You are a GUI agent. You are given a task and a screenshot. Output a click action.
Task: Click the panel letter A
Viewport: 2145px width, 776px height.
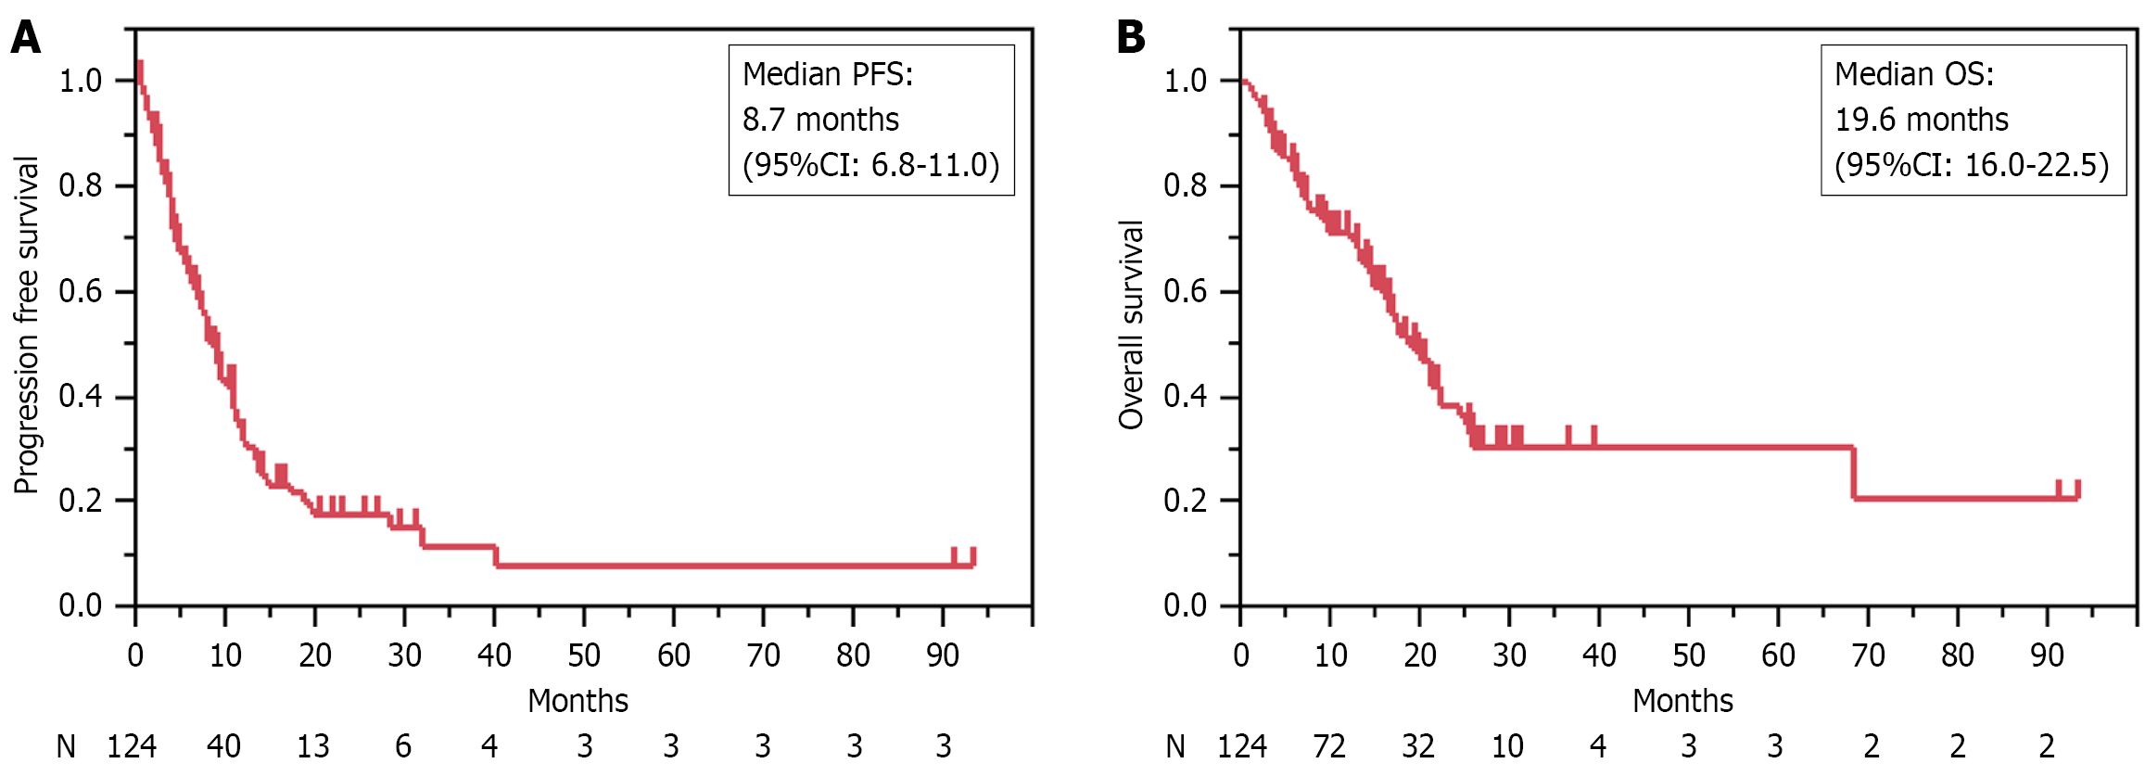coord(26,38)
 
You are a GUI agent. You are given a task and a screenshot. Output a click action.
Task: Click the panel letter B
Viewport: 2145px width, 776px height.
coord(1131,38)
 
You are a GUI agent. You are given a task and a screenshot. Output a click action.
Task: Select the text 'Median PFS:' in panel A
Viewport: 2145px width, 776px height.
coord(828,74)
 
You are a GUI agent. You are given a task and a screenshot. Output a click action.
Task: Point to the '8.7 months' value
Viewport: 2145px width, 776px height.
coord(820,120)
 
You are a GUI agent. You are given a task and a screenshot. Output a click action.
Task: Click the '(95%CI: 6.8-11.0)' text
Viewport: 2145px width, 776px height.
coord(870,165)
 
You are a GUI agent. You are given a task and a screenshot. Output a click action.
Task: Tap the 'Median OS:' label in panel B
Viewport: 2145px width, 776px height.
coord(1914,74)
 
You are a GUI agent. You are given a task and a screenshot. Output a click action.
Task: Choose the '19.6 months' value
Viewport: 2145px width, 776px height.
coord(1922,120)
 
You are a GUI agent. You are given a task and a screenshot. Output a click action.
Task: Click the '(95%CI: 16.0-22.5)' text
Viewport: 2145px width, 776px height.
coord(1972,165)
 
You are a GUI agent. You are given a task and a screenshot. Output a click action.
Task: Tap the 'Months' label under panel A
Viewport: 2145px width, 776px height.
coord(577,701)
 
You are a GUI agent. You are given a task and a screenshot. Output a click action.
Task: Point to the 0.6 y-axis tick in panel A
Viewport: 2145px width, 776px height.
coord(81,291)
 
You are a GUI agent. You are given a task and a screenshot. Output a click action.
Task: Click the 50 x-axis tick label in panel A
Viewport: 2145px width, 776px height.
coord(584,655)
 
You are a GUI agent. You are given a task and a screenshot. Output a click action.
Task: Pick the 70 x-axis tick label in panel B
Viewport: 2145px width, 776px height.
coord(1868,655)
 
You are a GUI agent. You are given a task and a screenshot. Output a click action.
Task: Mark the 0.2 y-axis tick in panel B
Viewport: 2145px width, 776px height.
coord(1186,501)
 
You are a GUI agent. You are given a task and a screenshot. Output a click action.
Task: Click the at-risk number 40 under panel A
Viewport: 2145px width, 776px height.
coord(223,746)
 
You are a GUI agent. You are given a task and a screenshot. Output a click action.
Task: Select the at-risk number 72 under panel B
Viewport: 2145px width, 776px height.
coord(1329,746)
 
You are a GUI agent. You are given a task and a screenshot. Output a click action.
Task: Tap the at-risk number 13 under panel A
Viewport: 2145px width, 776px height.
coord(313,746)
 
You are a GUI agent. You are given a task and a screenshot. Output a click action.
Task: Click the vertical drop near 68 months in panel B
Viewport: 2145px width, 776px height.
coord(1853,473)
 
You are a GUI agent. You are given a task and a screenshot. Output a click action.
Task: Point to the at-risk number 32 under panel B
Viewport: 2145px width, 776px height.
coord(1418,746)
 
